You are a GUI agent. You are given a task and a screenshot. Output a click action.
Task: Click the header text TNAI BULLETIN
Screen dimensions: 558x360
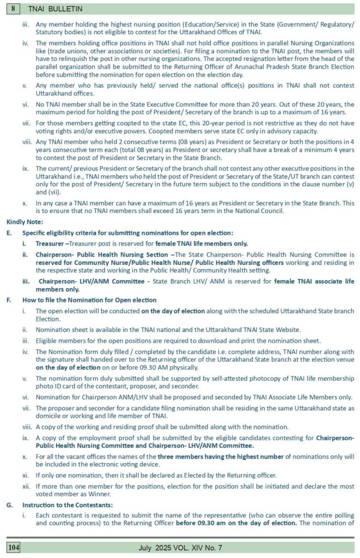coord(47,9)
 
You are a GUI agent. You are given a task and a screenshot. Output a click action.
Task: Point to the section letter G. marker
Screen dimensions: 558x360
coord(9,504)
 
